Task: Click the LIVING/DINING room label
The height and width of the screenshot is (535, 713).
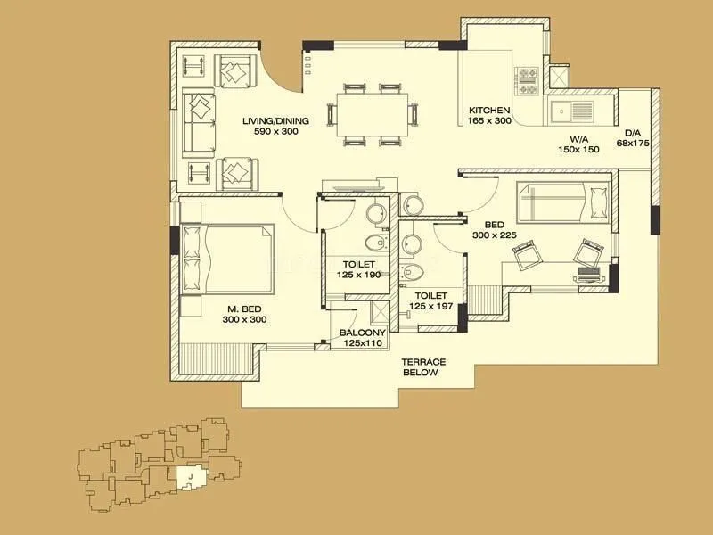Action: coord(275,119)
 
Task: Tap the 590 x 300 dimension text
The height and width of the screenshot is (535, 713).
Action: coord(275,131)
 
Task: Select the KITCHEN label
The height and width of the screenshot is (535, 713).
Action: coord(489,110)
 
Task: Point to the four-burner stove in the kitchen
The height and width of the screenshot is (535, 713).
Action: coord(527,81)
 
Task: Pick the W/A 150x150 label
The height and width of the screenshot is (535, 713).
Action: coord(579,144)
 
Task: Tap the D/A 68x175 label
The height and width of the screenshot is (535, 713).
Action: coord(634,137)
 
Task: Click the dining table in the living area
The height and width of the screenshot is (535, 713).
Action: coord(373,114)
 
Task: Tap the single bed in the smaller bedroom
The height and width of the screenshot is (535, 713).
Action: coord(564,201)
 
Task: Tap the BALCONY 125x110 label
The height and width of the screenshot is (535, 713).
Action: coord(362,337)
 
